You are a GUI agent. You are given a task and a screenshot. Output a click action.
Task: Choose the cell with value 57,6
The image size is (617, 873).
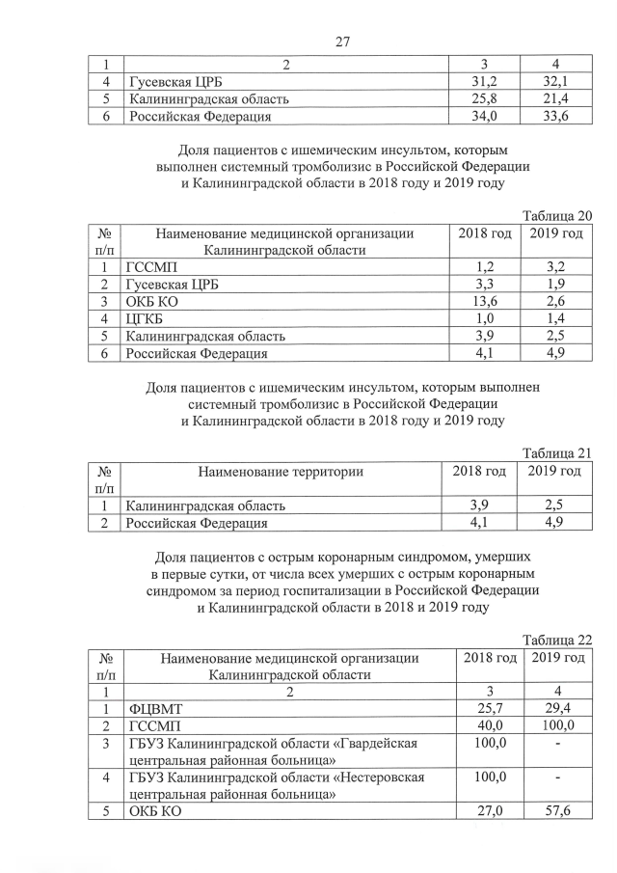pos(557,812)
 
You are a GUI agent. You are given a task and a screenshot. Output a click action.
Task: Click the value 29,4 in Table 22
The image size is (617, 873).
pos(557,709)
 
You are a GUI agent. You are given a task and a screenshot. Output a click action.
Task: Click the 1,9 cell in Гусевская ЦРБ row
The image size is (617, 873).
pos(557,285)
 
